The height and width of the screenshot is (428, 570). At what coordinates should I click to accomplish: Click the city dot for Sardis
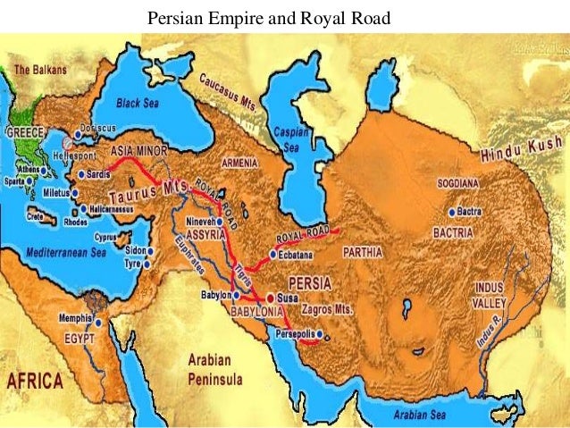81,175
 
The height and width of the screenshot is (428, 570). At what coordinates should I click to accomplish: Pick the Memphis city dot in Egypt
100,323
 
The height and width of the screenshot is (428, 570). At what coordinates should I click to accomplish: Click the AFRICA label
35,382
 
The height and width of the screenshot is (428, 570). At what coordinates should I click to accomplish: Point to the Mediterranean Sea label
63,252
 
